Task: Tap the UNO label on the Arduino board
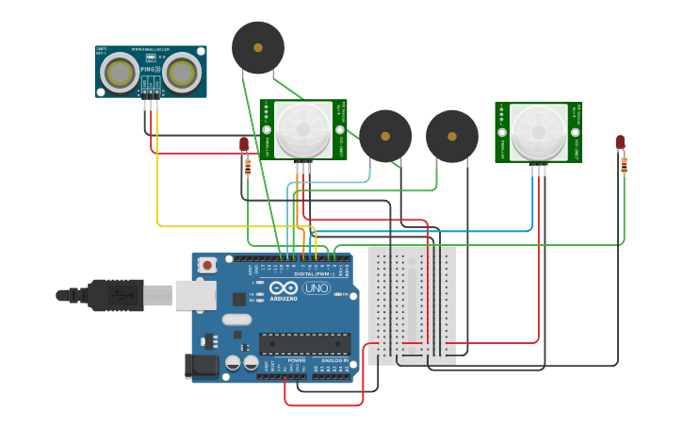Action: click(317, 288)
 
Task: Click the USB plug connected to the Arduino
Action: click(113, 295)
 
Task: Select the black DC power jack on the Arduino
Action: click(202, 365)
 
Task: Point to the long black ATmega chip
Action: click(304, 344)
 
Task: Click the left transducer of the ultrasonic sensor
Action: click(119, 72)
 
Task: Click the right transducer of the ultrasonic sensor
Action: click(183, 72)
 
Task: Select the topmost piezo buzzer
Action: click(258, 47)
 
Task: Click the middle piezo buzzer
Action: click(385, 136)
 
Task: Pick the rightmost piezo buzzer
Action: click(452, 137)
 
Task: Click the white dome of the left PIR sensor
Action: click(304, 130)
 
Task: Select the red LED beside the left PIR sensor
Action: click(244, 144)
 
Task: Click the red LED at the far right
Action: click(620, 141)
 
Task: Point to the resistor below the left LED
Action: click(248, 167)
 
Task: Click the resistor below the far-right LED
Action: click(624, 166)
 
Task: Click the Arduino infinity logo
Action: click(284, 288)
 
